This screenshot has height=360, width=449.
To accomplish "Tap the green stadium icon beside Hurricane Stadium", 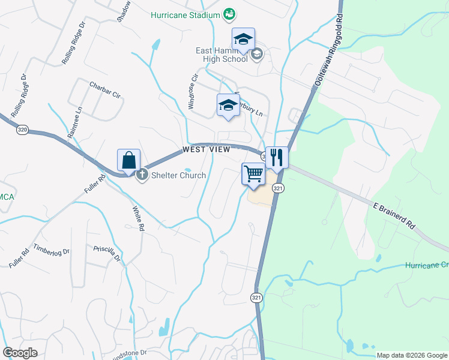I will (x=228, y=13).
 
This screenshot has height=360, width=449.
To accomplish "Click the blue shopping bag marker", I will (x=129, y=160).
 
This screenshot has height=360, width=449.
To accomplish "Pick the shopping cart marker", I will (x=253, y=174).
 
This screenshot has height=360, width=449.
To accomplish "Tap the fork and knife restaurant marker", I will (x=277, y=158).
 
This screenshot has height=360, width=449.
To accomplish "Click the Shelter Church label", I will (x=178, y=176).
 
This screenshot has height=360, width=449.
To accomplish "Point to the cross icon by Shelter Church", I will (x=142, y=176).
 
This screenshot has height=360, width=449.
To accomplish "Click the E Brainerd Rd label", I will (x=394, y=216).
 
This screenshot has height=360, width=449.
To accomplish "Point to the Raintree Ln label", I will (x=75, y=122).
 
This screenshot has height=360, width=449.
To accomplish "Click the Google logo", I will (x=20, y=353).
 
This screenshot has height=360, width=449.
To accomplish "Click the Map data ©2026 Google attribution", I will (x=412, y=355).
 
